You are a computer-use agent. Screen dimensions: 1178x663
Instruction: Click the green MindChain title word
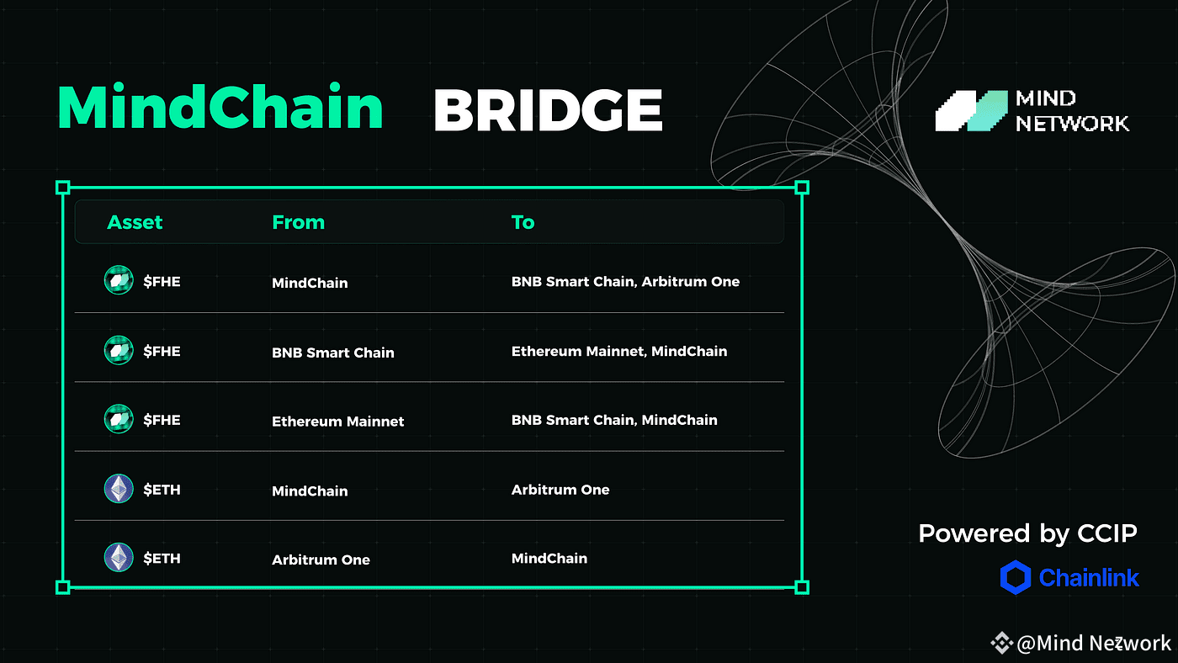tap(220, 107)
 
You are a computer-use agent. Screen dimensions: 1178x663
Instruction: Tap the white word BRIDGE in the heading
tap(548, 110)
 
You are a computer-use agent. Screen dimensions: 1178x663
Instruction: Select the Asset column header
tap(135, 222)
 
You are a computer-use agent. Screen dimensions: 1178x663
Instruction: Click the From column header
tap(298, 222)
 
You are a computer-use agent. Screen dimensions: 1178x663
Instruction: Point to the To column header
tap(523, 222)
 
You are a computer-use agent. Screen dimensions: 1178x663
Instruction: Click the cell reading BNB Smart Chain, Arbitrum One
tap(625, 282)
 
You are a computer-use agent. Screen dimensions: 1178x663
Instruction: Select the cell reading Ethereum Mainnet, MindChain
tap(619, 351)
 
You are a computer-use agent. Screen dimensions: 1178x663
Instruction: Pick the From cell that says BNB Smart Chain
tap(333, 353)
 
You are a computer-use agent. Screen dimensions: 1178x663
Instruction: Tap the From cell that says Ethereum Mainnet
tap(337, 422)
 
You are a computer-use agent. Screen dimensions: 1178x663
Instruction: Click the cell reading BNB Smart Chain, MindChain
tap(614, 420)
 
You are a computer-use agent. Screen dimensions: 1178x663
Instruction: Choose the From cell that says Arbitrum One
tap(321, 560)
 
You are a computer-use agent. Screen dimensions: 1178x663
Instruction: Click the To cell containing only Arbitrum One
tap(560, 490)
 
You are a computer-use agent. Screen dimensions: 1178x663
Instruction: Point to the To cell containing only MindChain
tap(549, 559)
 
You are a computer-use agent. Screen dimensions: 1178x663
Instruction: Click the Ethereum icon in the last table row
tap(119, 557)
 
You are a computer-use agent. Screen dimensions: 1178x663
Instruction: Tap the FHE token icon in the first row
tap(119, 280)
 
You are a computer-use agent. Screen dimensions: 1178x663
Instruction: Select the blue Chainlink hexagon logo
tap(1015, 577)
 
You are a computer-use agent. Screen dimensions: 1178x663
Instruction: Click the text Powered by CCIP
tap(1027, 533)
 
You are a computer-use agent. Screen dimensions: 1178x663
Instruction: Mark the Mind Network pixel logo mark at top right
tap(971, 111)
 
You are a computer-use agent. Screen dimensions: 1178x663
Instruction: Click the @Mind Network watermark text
tap(1093, 643)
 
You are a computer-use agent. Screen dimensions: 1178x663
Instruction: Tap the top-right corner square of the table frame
tap(802, 188)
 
